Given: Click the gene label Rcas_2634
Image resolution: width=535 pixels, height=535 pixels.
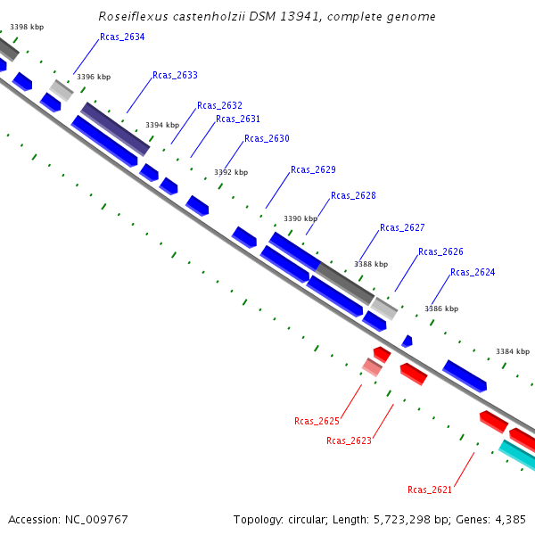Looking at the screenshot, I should (x=122, y=37).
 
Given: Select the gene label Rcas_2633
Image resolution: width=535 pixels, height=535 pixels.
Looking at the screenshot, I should (x=175, y=76).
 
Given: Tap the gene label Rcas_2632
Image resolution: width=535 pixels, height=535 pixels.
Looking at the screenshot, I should (x=219, y=105).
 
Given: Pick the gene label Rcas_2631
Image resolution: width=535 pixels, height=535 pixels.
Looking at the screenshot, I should (x=238, y=119).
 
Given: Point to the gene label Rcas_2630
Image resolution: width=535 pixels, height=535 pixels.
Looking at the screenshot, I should (x=267, y=138).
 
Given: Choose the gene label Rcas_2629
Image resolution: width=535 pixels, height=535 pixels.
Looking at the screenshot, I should (x=313, y=169).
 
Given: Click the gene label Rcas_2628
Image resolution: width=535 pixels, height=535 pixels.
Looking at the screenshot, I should (x=353, y=195).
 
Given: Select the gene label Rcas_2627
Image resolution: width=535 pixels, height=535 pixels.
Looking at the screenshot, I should (x=402, y=227).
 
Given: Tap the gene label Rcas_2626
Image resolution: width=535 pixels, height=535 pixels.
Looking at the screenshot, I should (x=440, y=251).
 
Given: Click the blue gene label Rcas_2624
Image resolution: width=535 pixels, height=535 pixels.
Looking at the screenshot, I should (x=473, y=272).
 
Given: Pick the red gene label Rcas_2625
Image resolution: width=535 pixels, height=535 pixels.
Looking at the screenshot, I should (x=317, y=421).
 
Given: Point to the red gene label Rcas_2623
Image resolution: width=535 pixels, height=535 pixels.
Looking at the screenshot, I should (x=349, y=440).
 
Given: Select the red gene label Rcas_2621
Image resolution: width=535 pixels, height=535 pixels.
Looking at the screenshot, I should (x=430, y=490).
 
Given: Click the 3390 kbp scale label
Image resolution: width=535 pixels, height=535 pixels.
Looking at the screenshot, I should (x=300, y=218).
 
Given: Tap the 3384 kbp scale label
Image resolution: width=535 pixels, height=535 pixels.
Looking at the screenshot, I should (x=513, y=351).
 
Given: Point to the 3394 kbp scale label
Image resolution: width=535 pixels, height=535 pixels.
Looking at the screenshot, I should (x=162, y=126).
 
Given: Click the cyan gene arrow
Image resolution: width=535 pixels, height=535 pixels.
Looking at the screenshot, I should (x=517, y=454).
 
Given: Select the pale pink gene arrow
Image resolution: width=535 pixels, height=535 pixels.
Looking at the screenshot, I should (x=372, y=366).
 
